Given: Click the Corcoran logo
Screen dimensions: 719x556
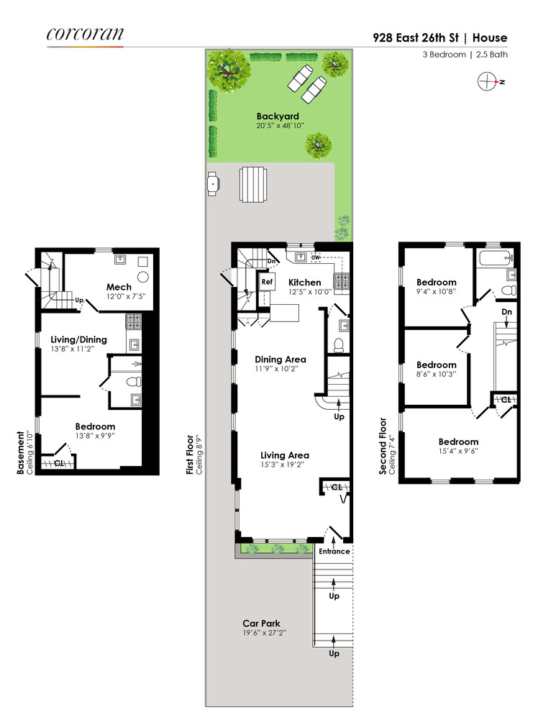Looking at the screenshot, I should click(x=85, y=34).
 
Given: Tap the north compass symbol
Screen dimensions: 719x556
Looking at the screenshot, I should click(x=488, y=81).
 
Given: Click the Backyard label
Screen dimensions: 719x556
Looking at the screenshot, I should click(x=278, y=116).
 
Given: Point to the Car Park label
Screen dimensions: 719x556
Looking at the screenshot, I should click(x=261, y=623).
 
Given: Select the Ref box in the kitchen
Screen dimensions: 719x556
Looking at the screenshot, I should click(x=267, y=282).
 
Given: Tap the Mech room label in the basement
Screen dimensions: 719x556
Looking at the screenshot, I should click(x=119, y=287).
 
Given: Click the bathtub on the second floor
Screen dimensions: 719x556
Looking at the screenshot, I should click(x=495, y=256).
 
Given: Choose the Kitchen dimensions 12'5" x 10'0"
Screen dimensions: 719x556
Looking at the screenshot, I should click(x=310, y=292).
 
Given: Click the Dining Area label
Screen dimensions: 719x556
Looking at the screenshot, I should click(x=281, y=359).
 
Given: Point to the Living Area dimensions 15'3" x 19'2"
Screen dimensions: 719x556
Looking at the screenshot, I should click(x=285, y=464).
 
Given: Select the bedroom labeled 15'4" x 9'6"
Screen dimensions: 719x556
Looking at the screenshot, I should click(x=458, y=441).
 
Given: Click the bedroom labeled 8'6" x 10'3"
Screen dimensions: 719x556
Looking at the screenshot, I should click(x=436, y=365).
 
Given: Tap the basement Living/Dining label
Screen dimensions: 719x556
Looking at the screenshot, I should click(x=78, y=339).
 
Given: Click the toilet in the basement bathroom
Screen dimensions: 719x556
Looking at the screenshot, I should click(x=133, y=383).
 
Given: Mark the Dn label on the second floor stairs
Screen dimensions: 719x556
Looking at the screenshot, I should click(x=506, y=312).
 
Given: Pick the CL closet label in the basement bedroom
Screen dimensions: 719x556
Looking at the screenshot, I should click(x=59, y=463).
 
